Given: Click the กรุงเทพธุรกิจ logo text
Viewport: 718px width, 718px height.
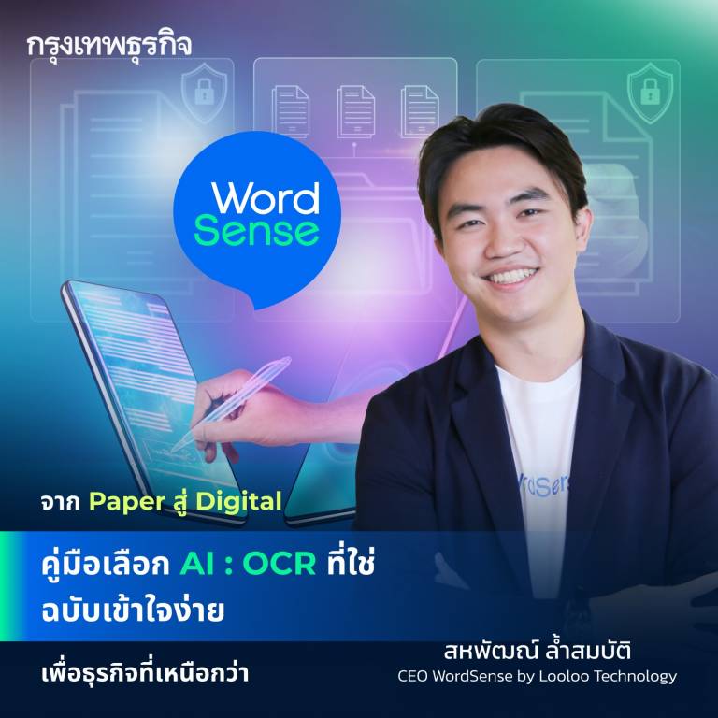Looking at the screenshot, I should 109,46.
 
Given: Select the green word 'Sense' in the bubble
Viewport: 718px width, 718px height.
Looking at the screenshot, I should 256,231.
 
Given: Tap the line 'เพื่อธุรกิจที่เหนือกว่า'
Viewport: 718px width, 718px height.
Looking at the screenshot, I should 138,673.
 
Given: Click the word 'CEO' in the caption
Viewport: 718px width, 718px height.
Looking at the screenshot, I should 414,676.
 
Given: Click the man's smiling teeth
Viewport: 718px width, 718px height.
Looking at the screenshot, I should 511,276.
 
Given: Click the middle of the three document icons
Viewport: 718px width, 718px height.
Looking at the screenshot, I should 355,109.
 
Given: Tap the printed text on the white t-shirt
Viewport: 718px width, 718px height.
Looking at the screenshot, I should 530,485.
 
